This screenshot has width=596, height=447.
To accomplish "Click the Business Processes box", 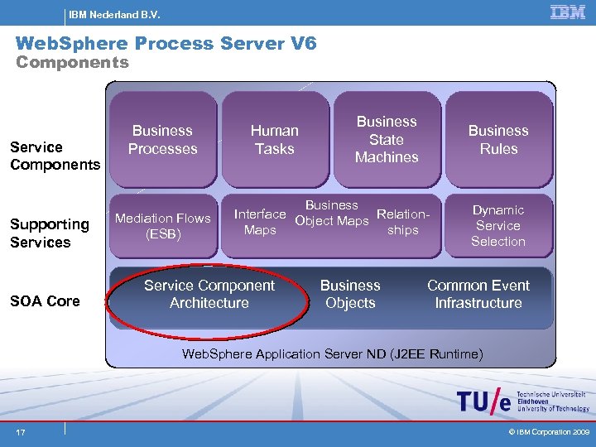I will [x=163, y=139].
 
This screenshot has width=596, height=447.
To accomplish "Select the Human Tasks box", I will [x=275, y=139].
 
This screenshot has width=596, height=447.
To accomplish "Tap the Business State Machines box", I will [x=387, y=139].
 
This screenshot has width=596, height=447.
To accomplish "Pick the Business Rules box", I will [x=498, y=139].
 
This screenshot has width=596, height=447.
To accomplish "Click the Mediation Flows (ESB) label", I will [x=163, y=225].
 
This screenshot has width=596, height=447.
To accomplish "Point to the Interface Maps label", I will [x=260, y=222].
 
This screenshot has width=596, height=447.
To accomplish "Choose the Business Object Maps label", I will [x=332, y=213].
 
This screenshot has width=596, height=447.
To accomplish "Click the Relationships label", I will [x=402, y=222].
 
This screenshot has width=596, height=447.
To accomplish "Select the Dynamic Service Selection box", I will [x=498, y=225].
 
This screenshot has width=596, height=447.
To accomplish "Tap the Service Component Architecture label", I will [x=209, y=294].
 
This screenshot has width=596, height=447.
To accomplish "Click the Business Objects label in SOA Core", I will [x=350, y=294].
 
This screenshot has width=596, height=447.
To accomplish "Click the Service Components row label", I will [x=55, y=156].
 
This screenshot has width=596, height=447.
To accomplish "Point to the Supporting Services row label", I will [x=50, y=233].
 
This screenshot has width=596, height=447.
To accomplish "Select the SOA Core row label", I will [x=45, y=301].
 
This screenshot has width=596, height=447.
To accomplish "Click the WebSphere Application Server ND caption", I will [x=332, y=354].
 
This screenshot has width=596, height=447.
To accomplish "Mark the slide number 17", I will [x=19, y=432].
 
